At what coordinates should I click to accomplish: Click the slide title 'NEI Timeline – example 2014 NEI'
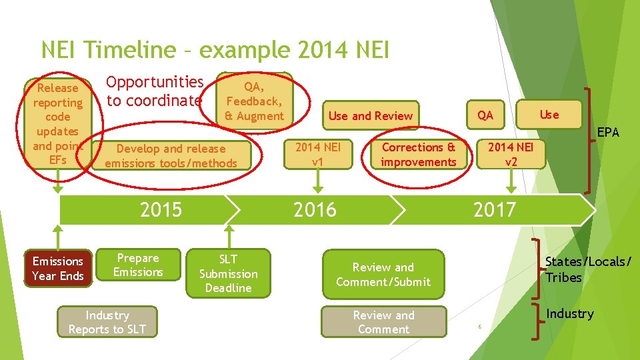[215, 50]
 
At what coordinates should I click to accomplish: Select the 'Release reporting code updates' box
[58, 124]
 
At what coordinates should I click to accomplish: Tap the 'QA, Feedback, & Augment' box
[254, 101]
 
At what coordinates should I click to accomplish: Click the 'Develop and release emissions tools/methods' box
[171, 156]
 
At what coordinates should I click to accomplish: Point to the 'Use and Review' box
[370, 116]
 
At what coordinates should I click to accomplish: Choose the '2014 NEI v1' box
[318, 155]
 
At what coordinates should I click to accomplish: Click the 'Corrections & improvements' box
[418, 155]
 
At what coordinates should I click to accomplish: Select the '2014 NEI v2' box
[511, 155]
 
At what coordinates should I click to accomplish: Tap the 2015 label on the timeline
[161, 210]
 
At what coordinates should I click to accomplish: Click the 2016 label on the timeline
[315, 210]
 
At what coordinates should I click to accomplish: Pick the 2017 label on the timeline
[494, 210]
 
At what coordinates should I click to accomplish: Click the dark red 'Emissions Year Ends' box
[57, 269]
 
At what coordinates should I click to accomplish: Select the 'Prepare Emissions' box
[138, 265]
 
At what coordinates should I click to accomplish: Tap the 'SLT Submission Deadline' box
[228, 273]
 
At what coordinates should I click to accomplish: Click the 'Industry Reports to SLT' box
[107, 322]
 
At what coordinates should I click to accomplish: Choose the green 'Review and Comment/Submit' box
[383, 275]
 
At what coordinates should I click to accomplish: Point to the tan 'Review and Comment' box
[383, 322]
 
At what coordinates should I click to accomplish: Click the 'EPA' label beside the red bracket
[607, 133]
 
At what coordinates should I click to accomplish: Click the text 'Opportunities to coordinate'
[155, 91]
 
